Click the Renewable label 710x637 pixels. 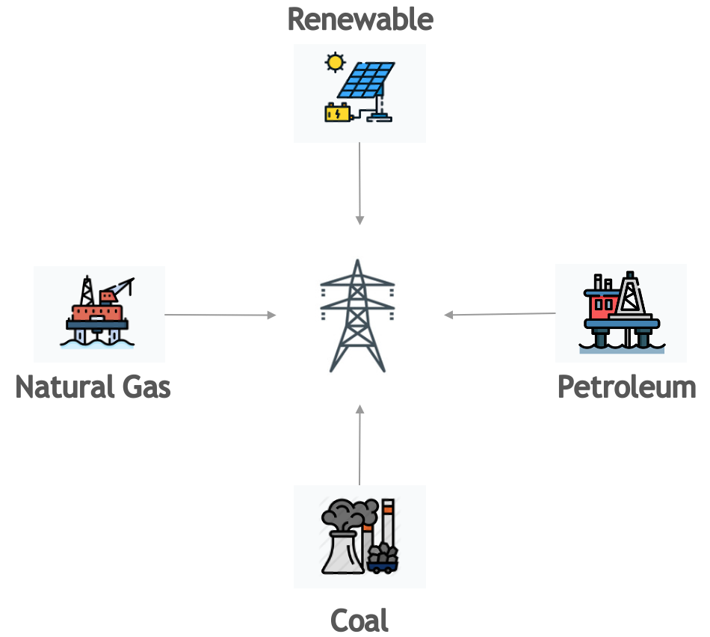[359, 19]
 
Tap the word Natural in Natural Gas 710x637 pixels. [62, 387]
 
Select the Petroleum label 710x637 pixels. [626, 387]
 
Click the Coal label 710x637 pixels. [359, 621]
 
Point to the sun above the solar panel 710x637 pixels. [335, 61]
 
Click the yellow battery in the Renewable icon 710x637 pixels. [336, 113]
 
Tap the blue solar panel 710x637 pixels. [366, 79]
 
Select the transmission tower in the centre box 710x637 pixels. [359, 316]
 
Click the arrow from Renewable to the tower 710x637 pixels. [359, 183]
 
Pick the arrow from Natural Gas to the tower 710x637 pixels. [220, 316]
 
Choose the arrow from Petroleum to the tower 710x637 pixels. [499, 315]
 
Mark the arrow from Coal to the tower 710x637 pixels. [359, 445]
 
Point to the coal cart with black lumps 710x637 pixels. [382, 558]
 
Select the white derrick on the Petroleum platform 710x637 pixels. [632, 295]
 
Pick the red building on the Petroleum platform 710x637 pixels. [602, 303]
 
